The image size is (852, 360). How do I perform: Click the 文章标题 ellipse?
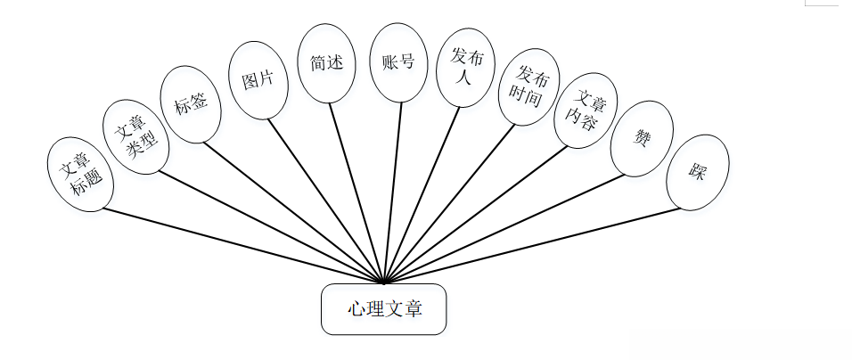click(78, 174)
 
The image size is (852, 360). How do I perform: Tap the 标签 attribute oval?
click(190, 103)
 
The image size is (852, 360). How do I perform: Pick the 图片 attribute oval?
click(258, 80)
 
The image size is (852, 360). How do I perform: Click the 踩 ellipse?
click(698, 172)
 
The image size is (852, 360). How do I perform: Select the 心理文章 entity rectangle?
click(383, 309)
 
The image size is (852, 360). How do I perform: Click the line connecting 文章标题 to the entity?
click(241, 246)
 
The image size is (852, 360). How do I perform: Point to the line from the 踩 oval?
click(535, 245)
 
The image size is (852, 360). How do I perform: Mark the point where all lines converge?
click(383, 282)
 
